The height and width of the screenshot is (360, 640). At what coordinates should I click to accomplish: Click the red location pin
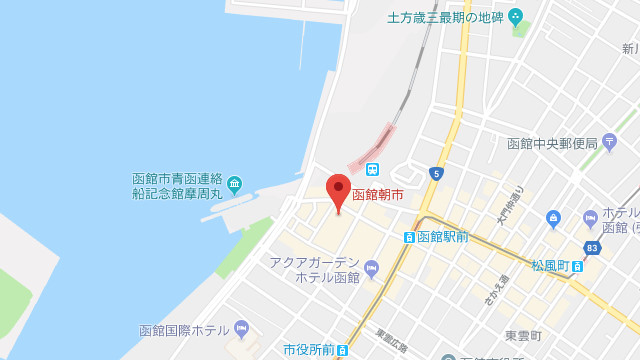click(x=339, y=190)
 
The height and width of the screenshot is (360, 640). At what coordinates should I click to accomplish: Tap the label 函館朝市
click(x=378, y=194)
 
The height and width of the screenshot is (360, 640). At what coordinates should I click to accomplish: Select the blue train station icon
click(x=372, y=168)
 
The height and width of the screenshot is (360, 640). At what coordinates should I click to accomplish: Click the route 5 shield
click(x=436, y=173)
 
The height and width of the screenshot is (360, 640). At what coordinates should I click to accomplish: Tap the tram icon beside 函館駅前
click(x=409, y=237)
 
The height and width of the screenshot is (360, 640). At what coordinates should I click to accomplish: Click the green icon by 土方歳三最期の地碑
click(x=516, y=16)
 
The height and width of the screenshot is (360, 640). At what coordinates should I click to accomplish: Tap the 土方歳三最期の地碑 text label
click(x=446, y=17)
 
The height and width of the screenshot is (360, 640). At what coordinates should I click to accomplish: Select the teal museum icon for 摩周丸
click(x=234, y=184)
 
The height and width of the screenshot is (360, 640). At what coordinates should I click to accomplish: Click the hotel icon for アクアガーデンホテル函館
click(x=372, y=267)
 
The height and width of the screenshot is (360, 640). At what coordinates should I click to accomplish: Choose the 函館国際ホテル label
click(x=185, y=330)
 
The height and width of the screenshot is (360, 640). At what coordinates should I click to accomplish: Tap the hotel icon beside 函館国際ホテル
click(x=241, y=329)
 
